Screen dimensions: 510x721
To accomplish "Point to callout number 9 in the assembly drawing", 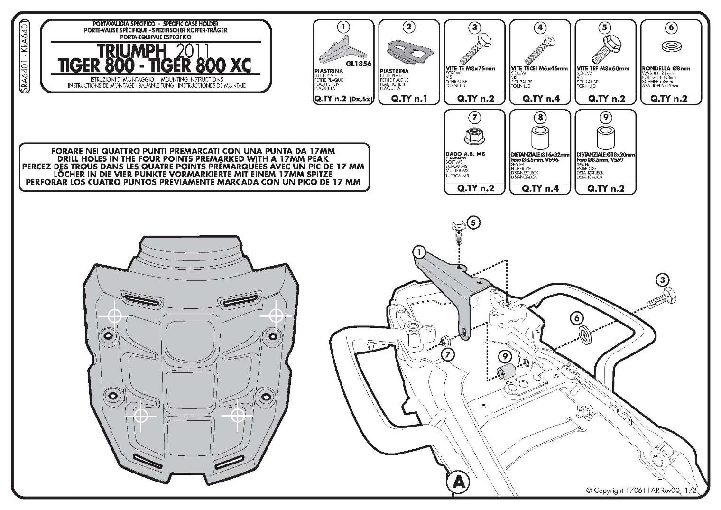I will (x=505, y=356).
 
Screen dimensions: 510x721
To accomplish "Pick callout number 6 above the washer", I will (x=577, y=318).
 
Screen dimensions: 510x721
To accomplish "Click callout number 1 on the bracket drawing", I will (x=418, y=251).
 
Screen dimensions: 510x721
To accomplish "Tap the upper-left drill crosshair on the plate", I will (x=114, y=316).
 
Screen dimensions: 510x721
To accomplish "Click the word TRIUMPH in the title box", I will (x=131, y=51).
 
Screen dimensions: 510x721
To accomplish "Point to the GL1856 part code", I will (x=359, y=64).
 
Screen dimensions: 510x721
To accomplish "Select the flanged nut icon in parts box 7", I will (x=475, y=136).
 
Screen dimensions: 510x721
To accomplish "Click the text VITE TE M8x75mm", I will (x=473, y=69).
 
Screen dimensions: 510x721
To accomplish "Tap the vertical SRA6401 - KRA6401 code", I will (x=24, y=57).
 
